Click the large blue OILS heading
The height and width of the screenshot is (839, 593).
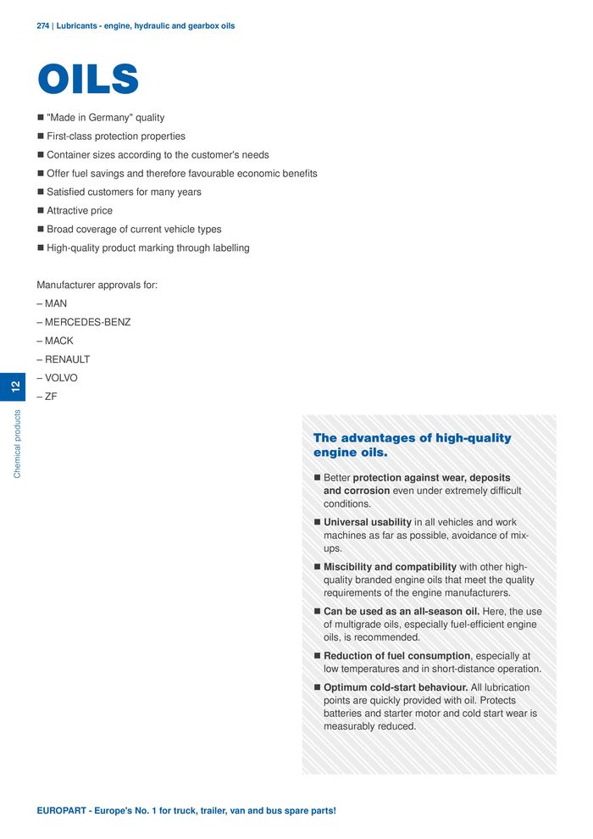(x=88, y=80)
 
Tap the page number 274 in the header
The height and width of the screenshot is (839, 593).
(x=43, y=26)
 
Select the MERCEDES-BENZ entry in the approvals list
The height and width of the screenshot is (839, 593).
(x=87, y=322)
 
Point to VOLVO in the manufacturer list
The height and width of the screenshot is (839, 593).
(x=61, y=378)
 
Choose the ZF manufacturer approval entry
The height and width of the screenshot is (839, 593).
(x=51, y=397)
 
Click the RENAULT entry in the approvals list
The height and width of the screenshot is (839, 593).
(x=67, y=359)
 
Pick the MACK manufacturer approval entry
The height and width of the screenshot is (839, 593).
(x=59, y=341)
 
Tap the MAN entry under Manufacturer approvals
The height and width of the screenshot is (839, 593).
(x=56, y=303)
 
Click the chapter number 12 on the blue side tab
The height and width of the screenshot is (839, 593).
(x=15, y=387)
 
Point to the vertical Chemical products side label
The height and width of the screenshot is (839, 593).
(x=17, y=444)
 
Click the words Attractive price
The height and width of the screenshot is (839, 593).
(x=80, y=211)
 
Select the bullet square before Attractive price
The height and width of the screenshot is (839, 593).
(x=40, y=211)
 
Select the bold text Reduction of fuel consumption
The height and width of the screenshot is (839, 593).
(x=396, y=656)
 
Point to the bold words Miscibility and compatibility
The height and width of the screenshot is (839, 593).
(x=390, y=567)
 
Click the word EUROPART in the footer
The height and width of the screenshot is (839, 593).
(x=62, y=811)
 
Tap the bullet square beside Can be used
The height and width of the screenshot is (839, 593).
(x=317, y=612)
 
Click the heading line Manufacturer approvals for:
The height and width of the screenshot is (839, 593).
(x=97, y=285)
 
